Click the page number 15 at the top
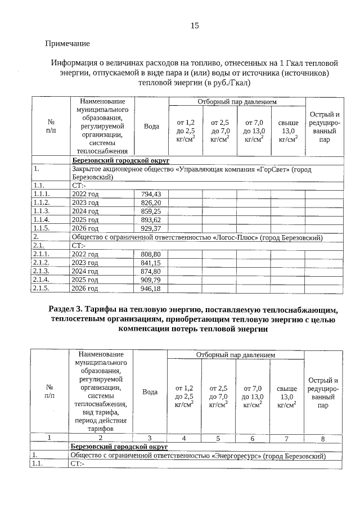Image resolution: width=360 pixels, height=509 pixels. click(195, 25)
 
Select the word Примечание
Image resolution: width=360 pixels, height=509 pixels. click(67, 43)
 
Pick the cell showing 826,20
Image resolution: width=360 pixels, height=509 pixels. click(150, 202)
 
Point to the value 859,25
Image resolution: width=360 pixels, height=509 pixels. click(150, 211)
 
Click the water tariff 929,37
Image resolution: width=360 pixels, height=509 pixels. click(150, 228)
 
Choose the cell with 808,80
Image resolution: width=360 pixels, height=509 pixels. click(150, 254)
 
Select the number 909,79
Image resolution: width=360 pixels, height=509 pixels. click(150, 280)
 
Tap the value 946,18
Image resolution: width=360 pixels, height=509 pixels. click(150, 289)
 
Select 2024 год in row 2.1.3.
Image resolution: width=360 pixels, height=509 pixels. click(85, 271)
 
